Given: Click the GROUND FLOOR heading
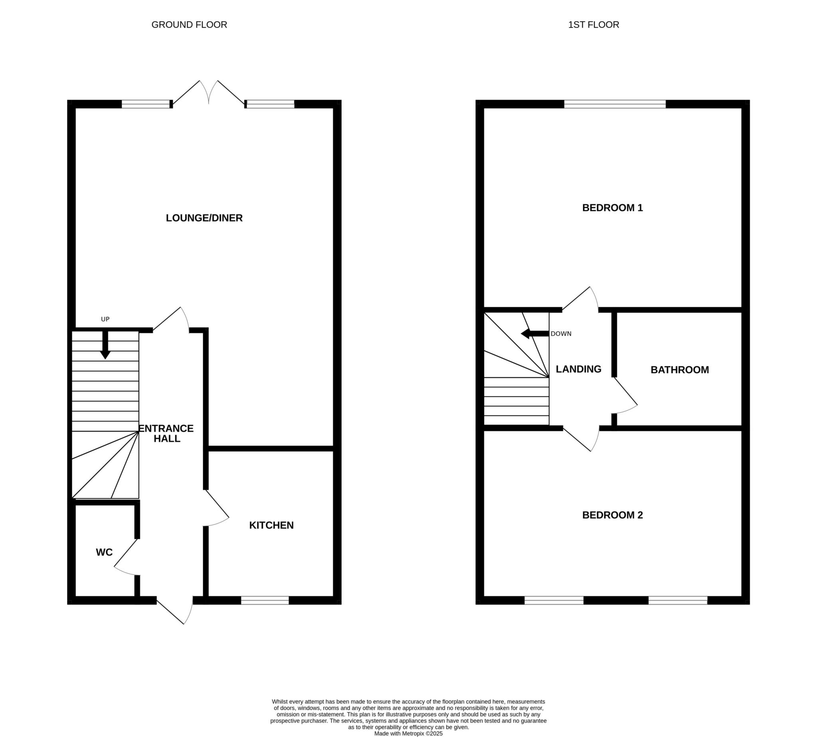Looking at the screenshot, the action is point(189,25).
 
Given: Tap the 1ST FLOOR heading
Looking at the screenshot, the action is point(593,25).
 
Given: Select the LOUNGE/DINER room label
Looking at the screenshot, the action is point(204,218).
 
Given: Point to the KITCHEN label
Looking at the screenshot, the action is point(271,525).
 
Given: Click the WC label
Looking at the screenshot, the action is point(104,552).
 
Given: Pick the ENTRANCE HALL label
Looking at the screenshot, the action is point(166,433).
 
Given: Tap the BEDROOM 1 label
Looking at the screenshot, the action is point(612,208).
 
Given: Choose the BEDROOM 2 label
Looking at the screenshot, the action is point(612,515).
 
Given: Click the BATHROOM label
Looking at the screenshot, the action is point(679,370).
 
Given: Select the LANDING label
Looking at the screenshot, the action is point(578,369).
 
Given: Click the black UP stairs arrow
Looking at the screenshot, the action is point(105,345).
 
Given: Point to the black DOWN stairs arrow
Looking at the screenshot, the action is point(535,334).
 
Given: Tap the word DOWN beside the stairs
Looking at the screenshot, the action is point(561,334).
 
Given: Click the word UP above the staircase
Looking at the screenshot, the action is point(105,319).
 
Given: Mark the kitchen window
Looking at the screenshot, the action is point(265,600).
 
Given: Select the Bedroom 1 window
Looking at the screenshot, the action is point(615,104).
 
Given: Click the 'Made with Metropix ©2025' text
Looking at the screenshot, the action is point(408,733).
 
